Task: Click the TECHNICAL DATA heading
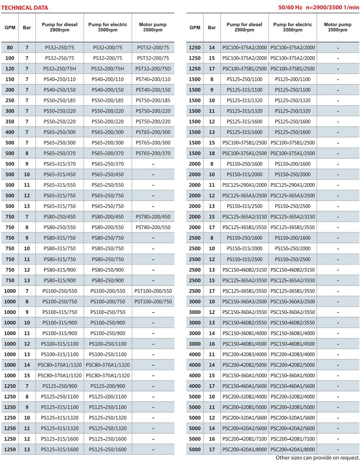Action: coord(24,8)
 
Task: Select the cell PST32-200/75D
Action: coord(153,69)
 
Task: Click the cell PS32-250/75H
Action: coord(59,69)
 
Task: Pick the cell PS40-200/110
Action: coord(108,79)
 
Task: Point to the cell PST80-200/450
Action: coord(153,217)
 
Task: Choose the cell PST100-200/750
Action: coord(153,302)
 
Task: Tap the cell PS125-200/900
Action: coord(108,386)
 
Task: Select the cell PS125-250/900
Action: coord(59,386)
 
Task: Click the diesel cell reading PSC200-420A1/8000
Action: coord(244,450)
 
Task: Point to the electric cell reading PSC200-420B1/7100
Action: coord(293,439)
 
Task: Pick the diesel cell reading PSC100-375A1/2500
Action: coord(244,153)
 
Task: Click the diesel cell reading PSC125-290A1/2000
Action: coord(244,185)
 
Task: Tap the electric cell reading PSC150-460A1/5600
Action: coord(293,386)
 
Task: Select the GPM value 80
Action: coord(10,47)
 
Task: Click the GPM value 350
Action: coord(10,122)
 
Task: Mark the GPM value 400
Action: coord(10,132)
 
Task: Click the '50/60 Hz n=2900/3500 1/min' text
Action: coord(319,8)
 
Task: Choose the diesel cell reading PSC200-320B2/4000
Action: coord(244,397)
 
